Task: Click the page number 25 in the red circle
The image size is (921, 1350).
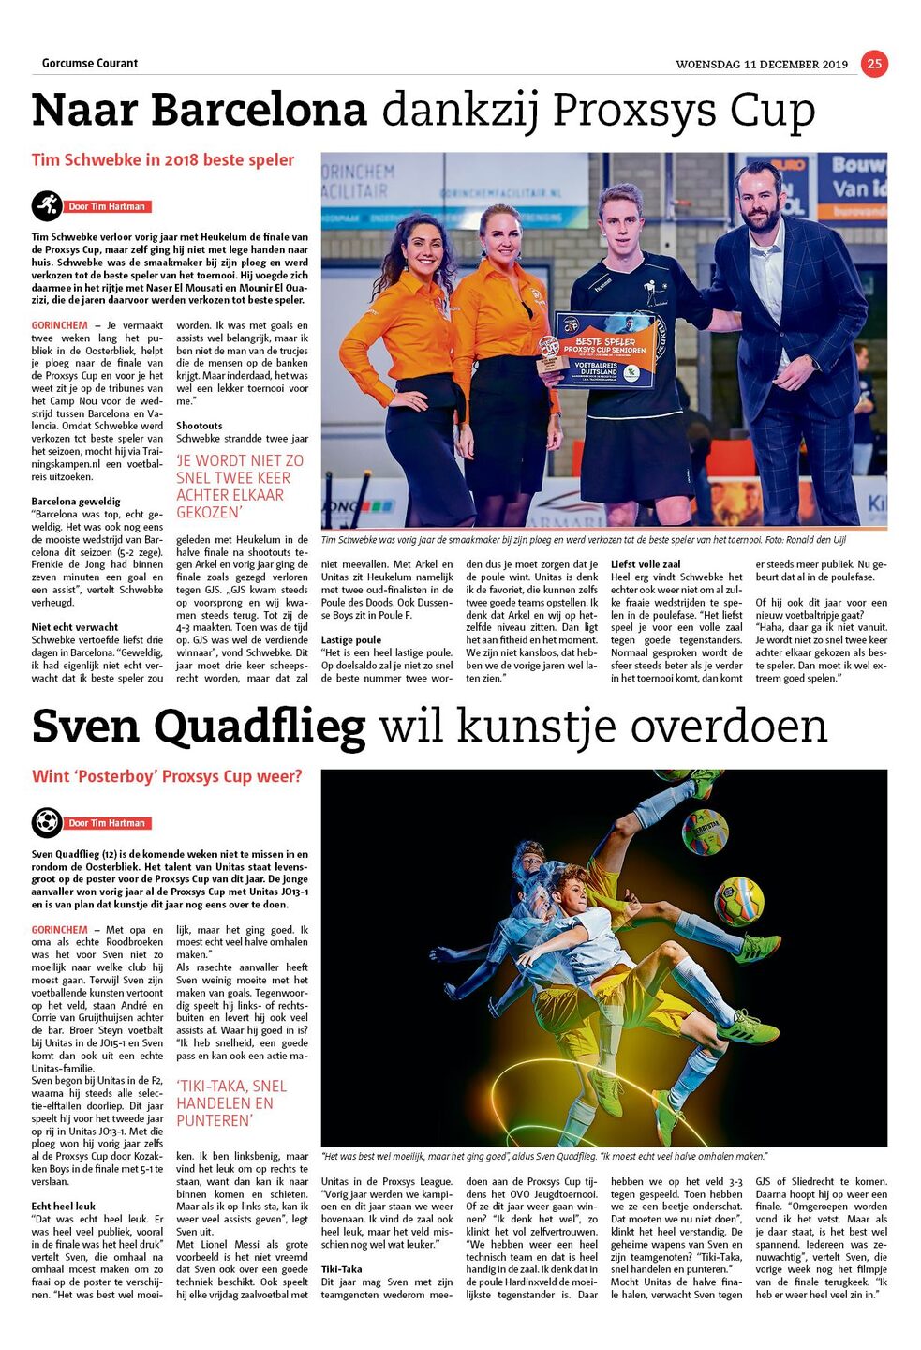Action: (x=873, y=63)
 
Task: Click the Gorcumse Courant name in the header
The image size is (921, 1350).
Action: (x=90, y=63)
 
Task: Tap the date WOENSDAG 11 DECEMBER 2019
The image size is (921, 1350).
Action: (x=761, y=65)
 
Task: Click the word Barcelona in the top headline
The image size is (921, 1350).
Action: (x=260, y=110)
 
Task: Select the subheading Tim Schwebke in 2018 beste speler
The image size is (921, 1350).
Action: (x=163, y=159)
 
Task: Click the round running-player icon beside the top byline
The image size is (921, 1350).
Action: (x=46, y=205)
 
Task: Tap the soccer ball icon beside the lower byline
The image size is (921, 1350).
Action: (x=46, y=822)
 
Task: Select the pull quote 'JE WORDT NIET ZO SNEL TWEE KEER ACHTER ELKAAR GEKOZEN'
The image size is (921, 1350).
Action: (x=240, y=487)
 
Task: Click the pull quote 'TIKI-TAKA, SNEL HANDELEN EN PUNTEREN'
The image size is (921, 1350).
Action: (x=231, y=1103)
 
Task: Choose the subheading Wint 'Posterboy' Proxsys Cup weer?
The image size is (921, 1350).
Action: (x=167, y=776)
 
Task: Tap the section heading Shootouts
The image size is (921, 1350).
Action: (x=200, y=426)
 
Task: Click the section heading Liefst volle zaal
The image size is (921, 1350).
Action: (x=646, y=564)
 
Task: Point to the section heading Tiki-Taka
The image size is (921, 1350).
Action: (x=342, y=1269)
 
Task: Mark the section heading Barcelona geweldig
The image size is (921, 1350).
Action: (x=76, y=502)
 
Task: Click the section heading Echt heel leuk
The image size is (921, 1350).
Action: (x=64, y=1207)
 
